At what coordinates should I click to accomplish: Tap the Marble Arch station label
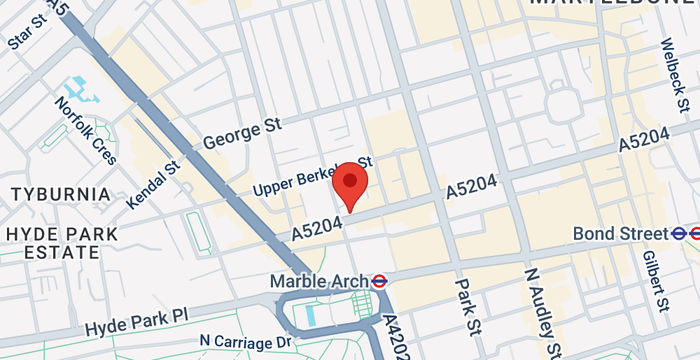tap(319, 282)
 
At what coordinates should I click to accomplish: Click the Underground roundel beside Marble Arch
tap(380, 282)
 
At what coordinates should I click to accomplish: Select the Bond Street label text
tap(619, 234)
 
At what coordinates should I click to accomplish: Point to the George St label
tap(242, 132)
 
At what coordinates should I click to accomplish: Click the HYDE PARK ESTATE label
tap(61, 243)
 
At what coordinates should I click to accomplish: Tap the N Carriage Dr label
tap(245, 343)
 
